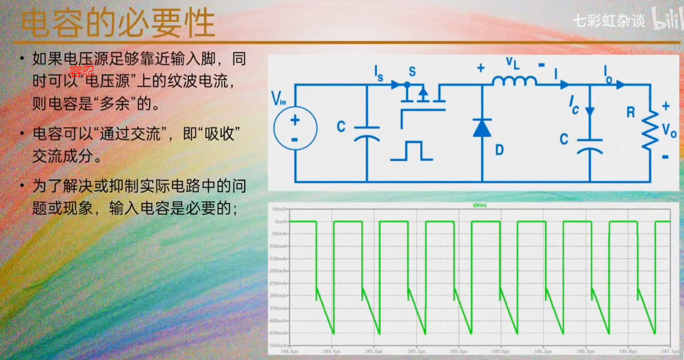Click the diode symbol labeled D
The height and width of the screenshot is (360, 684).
coord(482,128)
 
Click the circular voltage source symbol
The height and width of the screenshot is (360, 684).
coord(295,128)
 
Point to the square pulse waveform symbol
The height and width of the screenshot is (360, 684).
coord(412,151)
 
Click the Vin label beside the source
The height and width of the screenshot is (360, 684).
coord(278,98)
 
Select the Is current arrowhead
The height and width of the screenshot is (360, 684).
coord(396,85)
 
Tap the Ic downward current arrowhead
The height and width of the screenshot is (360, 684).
coord(589,112)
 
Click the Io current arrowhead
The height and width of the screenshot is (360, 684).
coord(620,85)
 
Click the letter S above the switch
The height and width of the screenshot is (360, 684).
coord(412,71)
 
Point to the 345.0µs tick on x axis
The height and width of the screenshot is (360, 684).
coord(373,352)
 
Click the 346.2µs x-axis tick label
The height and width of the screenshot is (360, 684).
coord(543,352)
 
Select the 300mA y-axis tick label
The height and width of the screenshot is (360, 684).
coord(278,295)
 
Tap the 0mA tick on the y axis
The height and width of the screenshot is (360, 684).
coord(280,222)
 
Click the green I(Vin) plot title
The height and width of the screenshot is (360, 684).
coord(479,205)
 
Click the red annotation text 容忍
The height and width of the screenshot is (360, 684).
coord(82,71)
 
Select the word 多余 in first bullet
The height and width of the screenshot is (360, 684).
coord(115,103)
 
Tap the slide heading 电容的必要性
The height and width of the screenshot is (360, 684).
coord(118,24)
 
